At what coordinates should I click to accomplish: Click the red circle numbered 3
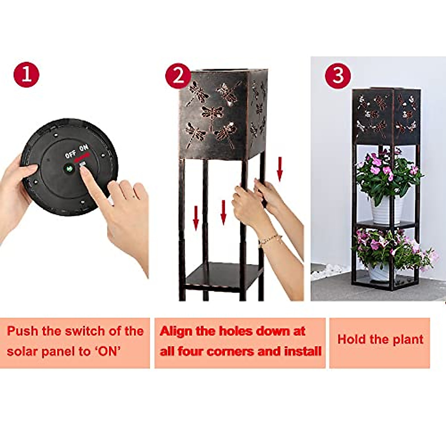[x=337, y=76]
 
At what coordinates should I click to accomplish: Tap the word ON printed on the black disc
[x=84, y=148]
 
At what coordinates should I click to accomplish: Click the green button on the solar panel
[x=69, y=168]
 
